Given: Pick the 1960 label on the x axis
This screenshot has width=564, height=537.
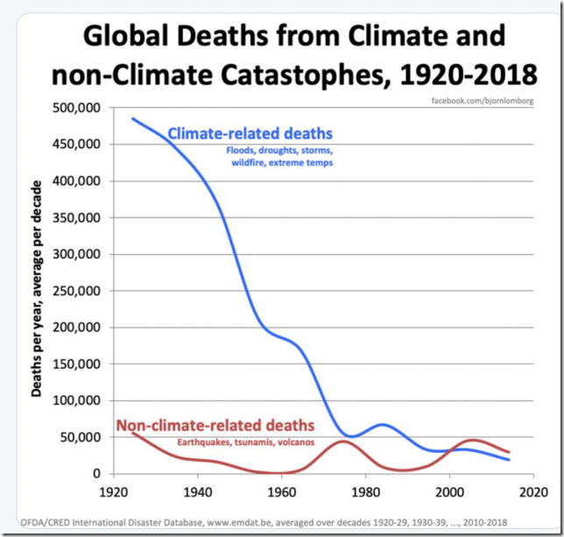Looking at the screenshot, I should point(282,491).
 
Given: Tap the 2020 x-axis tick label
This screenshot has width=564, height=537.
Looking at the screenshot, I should point(533,491).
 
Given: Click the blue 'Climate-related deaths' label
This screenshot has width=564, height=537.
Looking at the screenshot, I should point(250,134).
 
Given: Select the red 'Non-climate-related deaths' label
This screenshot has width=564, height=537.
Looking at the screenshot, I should point(215,427).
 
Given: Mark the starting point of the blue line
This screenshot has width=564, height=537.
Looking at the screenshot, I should point(133,118).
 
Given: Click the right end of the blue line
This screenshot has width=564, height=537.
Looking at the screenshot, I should point(510,460).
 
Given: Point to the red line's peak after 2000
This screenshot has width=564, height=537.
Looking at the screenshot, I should point(473,440).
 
